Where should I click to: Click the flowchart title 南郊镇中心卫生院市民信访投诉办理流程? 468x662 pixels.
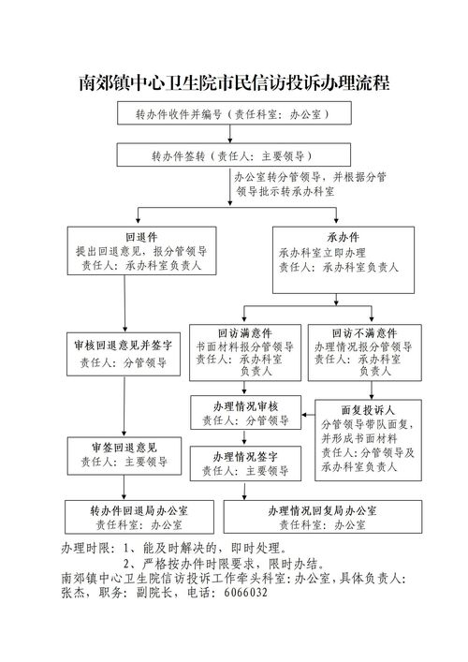point(234,83)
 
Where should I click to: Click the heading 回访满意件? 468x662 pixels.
point(244,332)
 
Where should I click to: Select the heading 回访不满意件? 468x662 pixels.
point(364,332)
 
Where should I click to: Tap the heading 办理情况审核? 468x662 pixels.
point(245,406)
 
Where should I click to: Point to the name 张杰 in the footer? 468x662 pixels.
point(72,593)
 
